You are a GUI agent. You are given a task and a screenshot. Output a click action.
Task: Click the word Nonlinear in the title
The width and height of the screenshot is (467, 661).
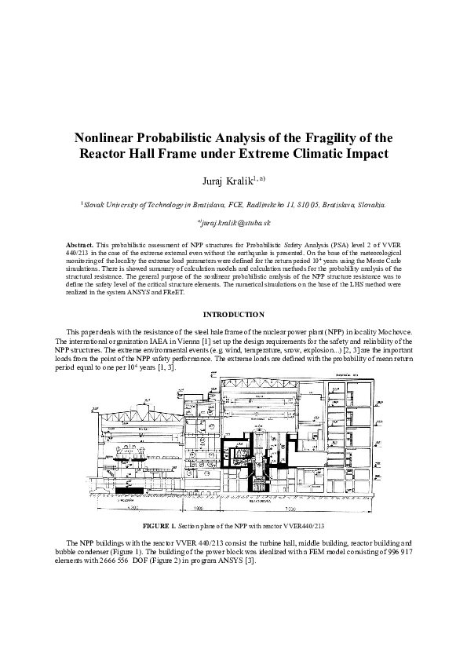(x=108, y=137)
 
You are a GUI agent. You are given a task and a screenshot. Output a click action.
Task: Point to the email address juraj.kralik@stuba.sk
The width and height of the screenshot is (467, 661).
(x=235, y=223)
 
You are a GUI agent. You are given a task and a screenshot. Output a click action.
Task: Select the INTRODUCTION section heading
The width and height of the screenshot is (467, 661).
(x=233, y=315)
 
